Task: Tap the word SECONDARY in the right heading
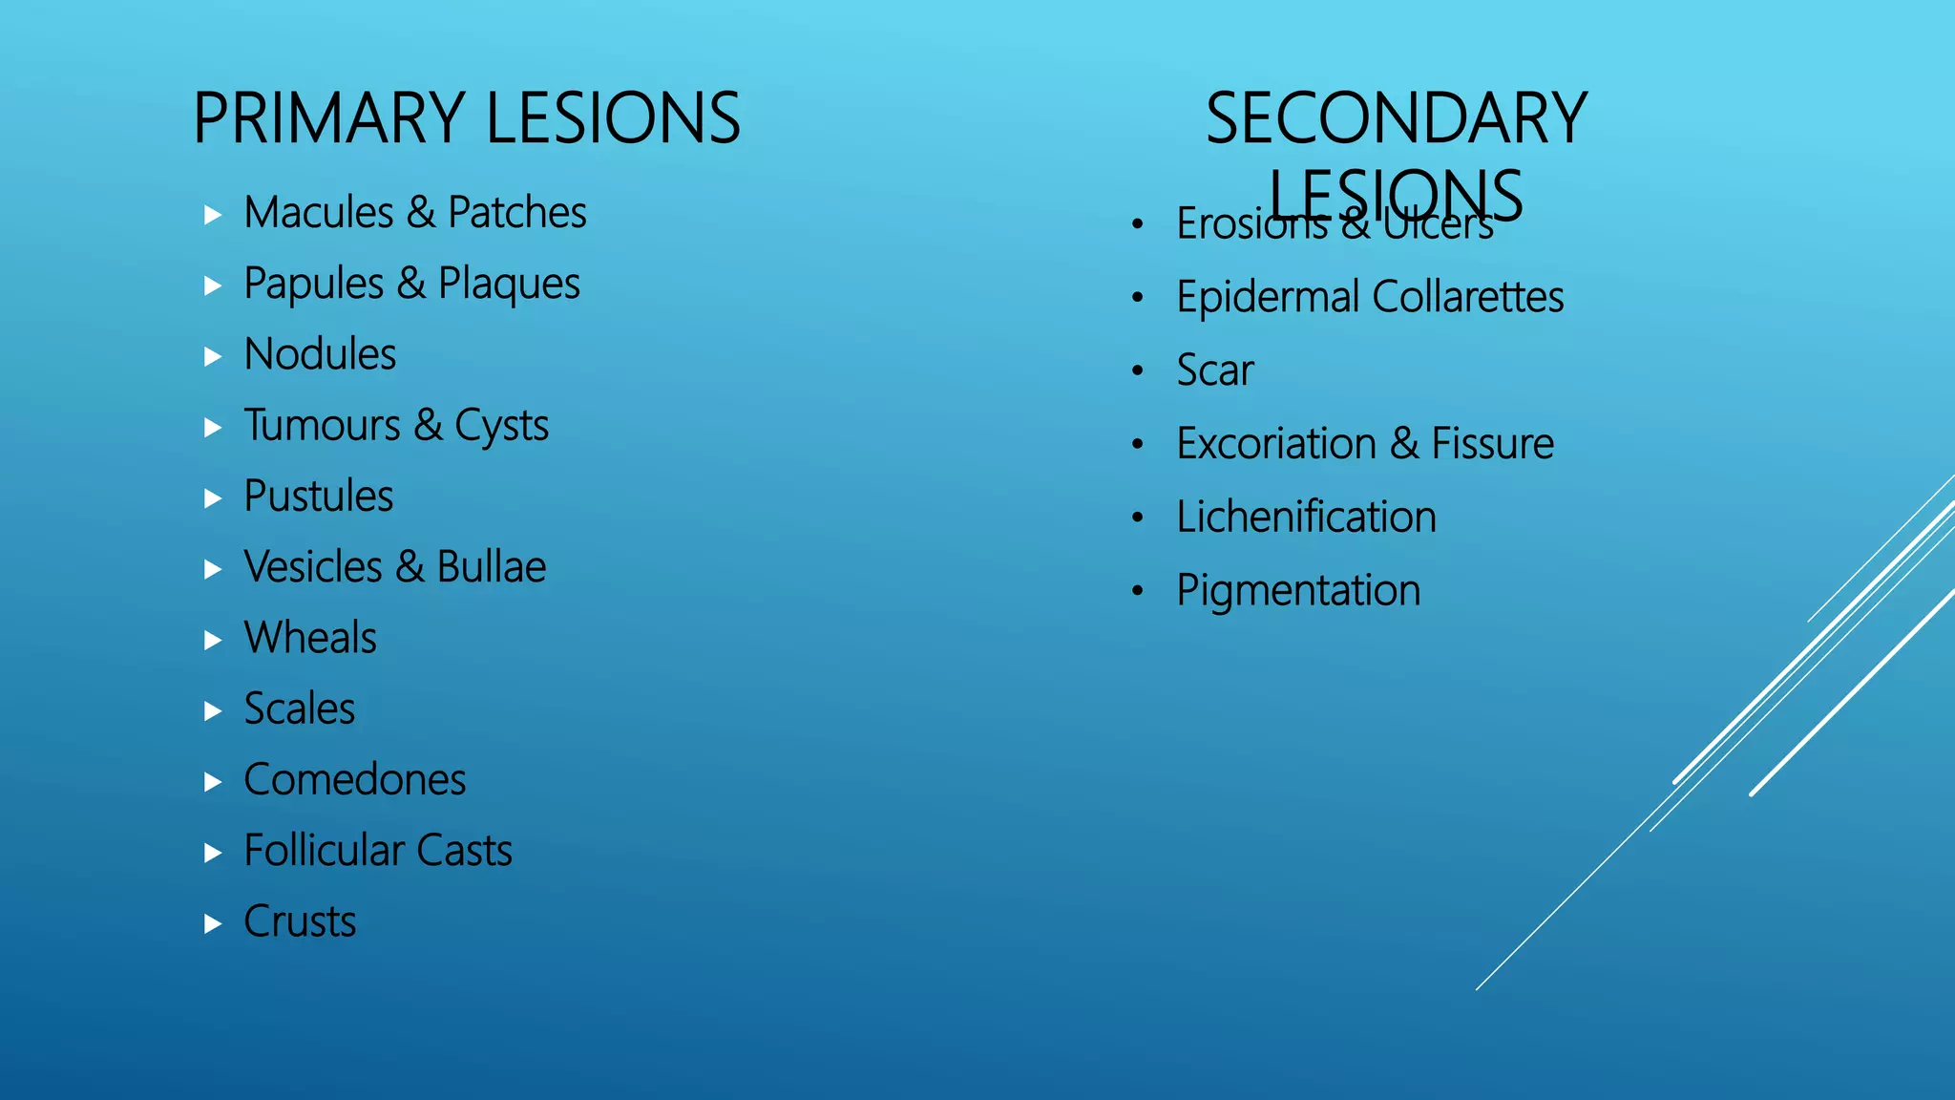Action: (x=1396, y=118)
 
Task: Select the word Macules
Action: (x=319, y=212)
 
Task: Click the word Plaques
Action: (x=509, y=284)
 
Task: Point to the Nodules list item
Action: (x=320, y=354)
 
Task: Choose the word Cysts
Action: (x=501, y=426)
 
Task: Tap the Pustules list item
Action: (x=318, y=497)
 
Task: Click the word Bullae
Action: (x=491, y=567)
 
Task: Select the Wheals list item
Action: (x=310, y=638)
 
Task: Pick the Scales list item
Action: (x=299, y=709)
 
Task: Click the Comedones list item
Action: (x=354, y=779)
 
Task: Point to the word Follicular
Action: (x=324, y=850)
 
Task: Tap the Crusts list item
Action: (x=300, y=921)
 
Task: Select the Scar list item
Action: (x=1214, y=370)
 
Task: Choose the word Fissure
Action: (x=1492, y=444)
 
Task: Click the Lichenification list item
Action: (x=1306, y=517)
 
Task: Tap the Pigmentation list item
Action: (x=1298, y=590)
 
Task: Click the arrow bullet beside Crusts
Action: (x=213, y=923)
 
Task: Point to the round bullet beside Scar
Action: (x=1137, y=370)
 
